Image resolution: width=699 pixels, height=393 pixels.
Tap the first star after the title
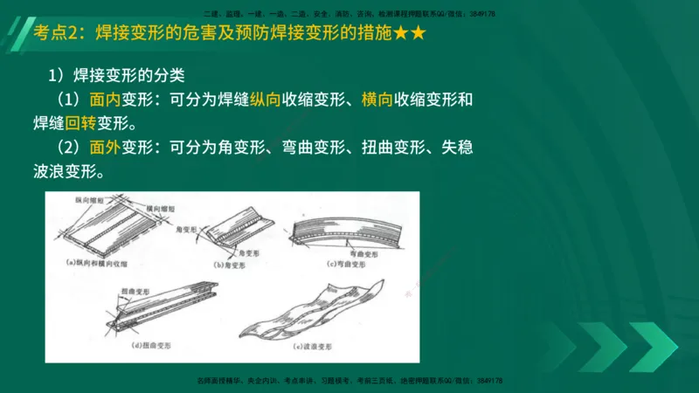398,35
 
